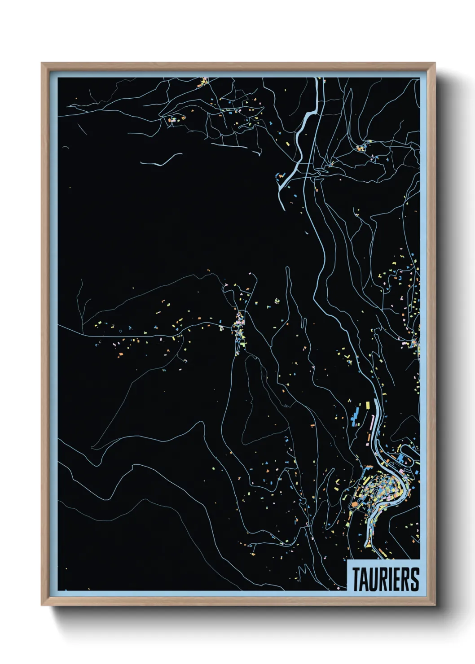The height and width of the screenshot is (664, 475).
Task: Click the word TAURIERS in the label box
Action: point(385,579)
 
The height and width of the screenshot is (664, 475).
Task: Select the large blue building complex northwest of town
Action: point(357,415)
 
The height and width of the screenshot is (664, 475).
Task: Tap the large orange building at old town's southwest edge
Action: point(354,505)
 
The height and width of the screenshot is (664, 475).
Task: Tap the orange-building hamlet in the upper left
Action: point(176,119)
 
